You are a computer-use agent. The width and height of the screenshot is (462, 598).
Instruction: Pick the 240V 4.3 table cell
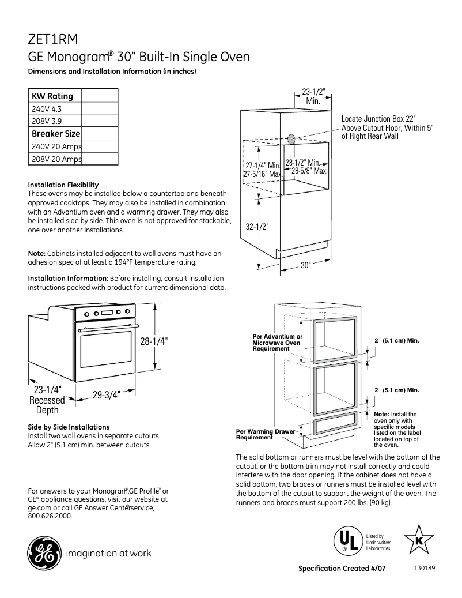[x=46, y=108]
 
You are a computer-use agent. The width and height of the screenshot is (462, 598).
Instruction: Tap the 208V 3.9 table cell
[x=46, y=121]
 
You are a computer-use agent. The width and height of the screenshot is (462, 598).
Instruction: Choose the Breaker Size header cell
[x=55, y=134]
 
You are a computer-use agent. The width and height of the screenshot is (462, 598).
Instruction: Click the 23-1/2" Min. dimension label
[x=313, y=96]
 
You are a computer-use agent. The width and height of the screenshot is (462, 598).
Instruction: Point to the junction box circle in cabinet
[x=291, y=138]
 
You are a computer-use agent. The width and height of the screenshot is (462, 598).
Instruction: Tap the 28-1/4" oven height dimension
[x=153, y=340]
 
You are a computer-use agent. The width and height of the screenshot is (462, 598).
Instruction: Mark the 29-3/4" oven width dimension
[x=106, y=395]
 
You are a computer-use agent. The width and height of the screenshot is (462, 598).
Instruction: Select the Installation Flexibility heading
[x=63, y=185]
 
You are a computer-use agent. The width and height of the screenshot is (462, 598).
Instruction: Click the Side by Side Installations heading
[x=69, y=427]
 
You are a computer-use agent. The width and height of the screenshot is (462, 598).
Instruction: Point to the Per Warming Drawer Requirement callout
[x=266, y=434]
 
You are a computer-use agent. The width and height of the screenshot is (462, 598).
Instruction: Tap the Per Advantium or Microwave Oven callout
[x=277, y=343]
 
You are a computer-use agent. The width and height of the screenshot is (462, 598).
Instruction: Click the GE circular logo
[x=43, y=554]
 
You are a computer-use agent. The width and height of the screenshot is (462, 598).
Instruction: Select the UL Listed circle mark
[x=345, y=540]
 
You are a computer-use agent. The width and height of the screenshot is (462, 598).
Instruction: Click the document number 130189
[x=425, y=567]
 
